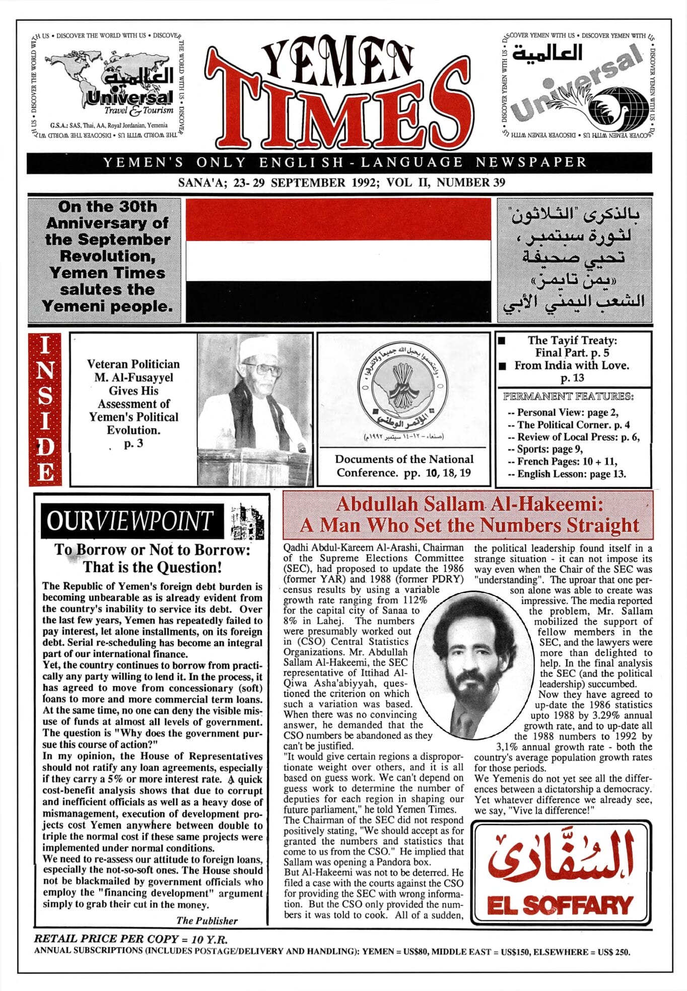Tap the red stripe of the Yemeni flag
[x=338, y=219]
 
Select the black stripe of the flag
[x=338, y=300]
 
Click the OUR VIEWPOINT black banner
[x=132, y=521]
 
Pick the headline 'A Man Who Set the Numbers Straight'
[x=469, y=525]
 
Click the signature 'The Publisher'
[x=207, y=920]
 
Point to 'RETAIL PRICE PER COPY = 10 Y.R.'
[x=130, y=939]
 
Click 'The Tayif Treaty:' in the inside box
[x=572, y=341]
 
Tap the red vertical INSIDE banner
[x=45, y=409]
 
